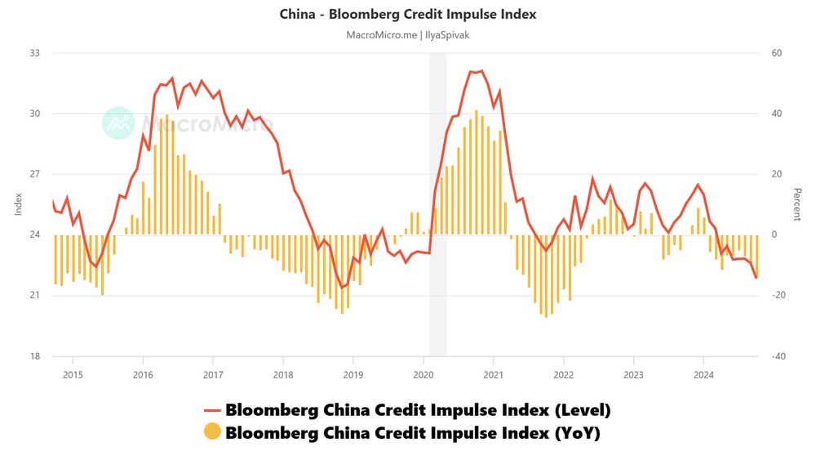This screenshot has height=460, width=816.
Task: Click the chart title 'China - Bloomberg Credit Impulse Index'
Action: pyautogui.click(x=408, y=14)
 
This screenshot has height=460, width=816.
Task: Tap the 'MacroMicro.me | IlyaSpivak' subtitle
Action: pyautogui.click(x=408, y=35)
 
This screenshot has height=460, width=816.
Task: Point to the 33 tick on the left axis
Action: pyautogui.click(x=35, y=53)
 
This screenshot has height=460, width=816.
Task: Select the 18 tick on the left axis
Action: pyautogui.click(x=35, y=356)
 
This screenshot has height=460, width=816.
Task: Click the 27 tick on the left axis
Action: pyautogui.click(x=35, y=174)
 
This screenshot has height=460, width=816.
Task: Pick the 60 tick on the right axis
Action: pyautogui.click(x=777, y=53)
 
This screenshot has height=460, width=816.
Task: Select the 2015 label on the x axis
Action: pyautogui.click(x=73, y=375)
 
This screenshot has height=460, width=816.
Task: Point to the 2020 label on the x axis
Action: pyautogui.click(x=424, y=375)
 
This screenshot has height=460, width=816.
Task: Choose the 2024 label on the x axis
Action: pyautogui.click(x=703, y=375)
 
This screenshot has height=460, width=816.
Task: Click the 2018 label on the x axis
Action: pyautogui.click(x=283, y=375)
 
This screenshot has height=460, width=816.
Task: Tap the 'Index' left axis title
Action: pyautogui.click(x=18, y=204)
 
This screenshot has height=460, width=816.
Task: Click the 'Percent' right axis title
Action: pyautogui.click(x=797, y=204)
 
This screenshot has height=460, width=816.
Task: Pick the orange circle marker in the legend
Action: pyautogui.click(x=212, y=432)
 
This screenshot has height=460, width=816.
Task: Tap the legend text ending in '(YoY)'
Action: pyautogui.click(x=413, y=432)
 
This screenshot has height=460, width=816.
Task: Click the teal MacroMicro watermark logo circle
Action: pyautogui.click(x=118, y=123)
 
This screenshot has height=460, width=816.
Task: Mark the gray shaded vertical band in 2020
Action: pyautogui.click(x=437, y=204)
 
